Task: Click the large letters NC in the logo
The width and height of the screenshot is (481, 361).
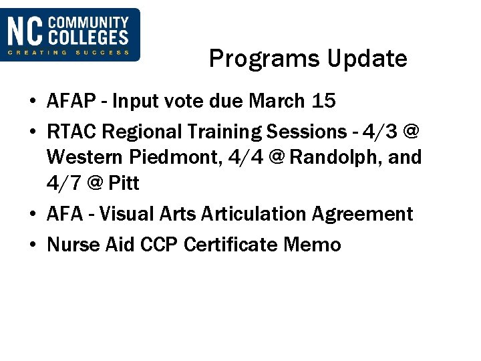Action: pyautogui.click(x=25, y=31)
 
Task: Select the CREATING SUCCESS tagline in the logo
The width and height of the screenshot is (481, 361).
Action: pyautogui.click(x=69, y=52)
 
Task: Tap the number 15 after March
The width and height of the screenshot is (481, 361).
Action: pyautogui.click(x=323, y=102)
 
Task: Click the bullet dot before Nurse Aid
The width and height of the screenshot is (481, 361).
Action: pyautogui.click(x=33, y=245)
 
